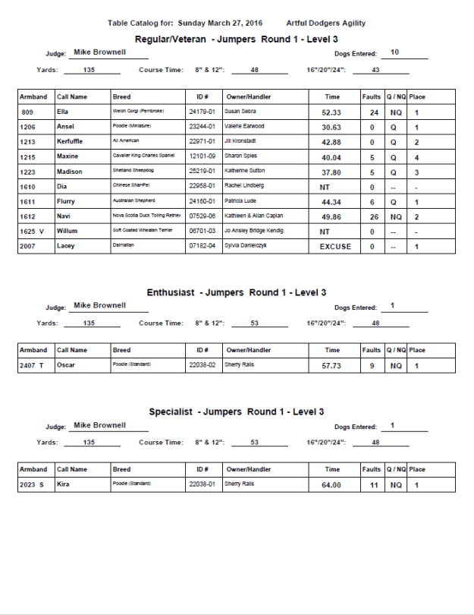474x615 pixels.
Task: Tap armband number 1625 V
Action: [33, 232]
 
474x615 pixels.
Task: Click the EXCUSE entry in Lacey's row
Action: [335, 246]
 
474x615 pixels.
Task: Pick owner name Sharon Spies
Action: [241, 157]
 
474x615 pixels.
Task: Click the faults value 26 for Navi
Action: [372, 216]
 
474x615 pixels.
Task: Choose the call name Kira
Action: [64, 484]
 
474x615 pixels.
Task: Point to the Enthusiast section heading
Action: [237, 292]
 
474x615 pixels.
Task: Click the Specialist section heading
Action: [237, 412]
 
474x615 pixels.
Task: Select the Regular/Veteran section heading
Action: [237, 39]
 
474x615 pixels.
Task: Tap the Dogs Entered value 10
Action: [394, 52]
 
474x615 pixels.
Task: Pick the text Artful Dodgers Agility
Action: [326, 23]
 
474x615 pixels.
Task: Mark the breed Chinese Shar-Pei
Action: [136, 187]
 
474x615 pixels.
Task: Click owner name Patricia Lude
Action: [243, 201]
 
